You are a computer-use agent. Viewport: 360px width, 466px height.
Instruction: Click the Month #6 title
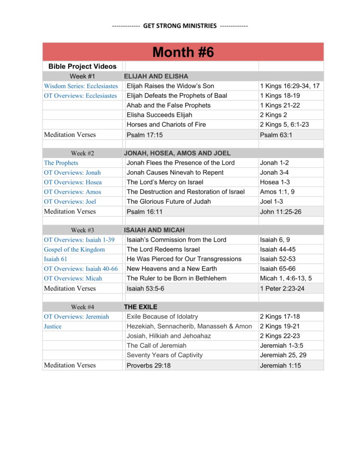click(183, 52)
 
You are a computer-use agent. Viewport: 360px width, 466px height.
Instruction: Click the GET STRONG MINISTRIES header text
click(180, 26)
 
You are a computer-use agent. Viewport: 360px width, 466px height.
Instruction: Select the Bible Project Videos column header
click(82, 66)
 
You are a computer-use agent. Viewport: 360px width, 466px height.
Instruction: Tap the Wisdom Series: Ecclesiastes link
click(81, 86)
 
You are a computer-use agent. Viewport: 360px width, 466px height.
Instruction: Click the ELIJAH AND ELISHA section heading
click(156, 76)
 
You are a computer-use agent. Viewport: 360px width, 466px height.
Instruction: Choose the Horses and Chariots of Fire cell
click(166, 125)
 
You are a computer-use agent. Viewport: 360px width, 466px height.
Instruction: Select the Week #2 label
click(82, 153)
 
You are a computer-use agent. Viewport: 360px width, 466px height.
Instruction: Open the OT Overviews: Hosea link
click(73, 182)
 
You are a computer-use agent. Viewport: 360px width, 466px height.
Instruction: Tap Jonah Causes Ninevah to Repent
click(175, 172)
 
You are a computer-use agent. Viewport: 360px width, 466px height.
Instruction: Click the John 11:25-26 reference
click(280, 212)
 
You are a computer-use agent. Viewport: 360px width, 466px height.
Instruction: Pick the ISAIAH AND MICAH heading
click(154, 230)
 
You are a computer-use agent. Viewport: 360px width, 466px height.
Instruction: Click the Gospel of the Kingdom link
click(74, 249)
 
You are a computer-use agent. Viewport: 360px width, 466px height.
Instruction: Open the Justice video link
click(53, 326)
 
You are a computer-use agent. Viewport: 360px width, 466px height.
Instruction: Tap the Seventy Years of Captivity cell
click(165, 355)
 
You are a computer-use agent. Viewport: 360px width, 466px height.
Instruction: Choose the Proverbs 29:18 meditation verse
click(148, 365)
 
